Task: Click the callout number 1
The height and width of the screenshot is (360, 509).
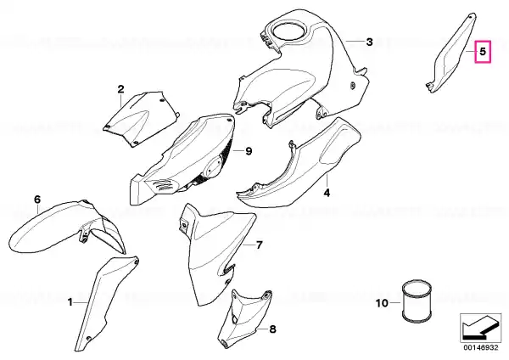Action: coord(70,302)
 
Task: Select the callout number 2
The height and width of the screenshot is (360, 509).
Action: coord(120,89)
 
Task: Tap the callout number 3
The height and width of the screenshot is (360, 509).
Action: coord(369,42)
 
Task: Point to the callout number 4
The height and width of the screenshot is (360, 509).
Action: coord(327,193)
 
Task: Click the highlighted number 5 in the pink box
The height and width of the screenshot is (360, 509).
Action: coord(483,52)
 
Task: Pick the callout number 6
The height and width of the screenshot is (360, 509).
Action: coord(37,200)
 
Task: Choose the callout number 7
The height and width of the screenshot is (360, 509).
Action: coord(259,245)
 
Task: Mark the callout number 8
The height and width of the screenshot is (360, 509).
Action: coord(272,329)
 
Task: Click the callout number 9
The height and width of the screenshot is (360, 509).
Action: coord(249,151)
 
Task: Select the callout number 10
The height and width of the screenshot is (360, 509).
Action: coord(382,303)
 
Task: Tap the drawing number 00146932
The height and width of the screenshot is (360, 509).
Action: coord(480,347)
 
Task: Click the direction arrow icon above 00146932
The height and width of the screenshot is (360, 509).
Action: coord(480,328)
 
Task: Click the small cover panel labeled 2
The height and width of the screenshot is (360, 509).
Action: coord(141,119)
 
